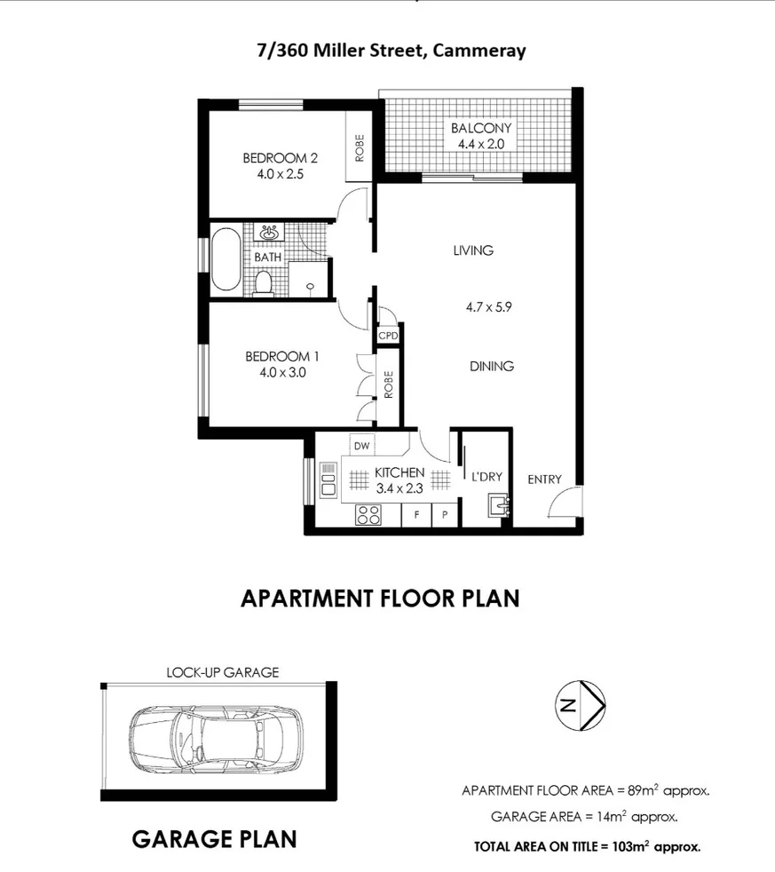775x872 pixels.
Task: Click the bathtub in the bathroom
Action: click(x=226, y=259)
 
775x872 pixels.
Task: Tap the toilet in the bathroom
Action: click(x=263, y=283)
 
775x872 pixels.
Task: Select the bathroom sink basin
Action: click(x=270, y=233)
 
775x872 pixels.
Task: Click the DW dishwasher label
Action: click(x=361, y=446)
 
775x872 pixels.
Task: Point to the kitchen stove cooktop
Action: click(x=368, y=515)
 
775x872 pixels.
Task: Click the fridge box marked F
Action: click(x=416, y=515)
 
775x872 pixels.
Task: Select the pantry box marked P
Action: click(x=445, y=515)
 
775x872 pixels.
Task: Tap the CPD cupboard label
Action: click(x=388, y=336)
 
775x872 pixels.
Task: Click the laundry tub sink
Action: click(x=499, y=507)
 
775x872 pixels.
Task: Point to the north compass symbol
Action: click(x=581, y=705)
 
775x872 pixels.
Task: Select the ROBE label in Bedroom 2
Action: click(x=360, y=148)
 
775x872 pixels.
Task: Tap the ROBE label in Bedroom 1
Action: click(x=388, y=384)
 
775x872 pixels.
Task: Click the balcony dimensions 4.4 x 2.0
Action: click(x=481, y=144)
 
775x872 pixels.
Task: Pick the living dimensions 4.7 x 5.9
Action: click(x=488, y=307)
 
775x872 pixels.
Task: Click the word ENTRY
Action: click(x=544, y=480)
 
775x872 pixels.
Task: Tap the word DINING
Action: click(x=492, y=367)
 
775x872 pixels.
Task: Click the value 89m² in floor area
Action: click(x=644, y=790)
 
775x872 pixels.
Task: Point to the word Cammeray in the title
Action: click(x=479, y=51)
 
